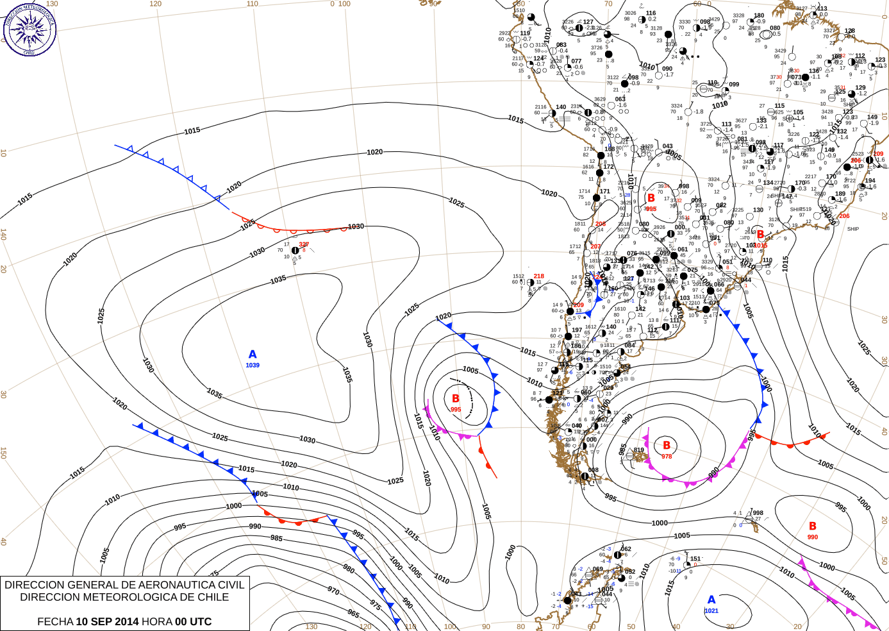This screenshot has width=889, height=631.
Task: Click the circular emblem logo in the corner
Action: pyautogui.click(x=29, y=29)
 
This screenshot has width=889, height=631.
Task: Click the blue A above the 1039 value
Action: pyautogui.click(x=253, y=355)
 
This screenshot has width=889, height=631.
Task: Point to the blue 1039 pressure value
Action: pyautogui.click(x=253, y=366)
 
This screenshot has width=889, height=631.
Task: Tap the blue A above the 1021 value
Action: pyautogui.click(x=711, y=600)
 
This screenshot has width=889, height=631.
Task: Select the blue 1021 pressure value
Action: pyautogui.click(x=711, y=611)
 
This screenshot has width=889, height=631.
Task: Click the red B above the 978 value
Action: pyautogui.click(x=667, y=445)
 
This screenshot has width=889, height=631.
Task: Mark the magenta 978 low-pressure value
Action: pyautogui.click(x=667, y=457)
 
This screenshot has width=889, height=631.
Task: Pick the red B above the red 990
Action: pyautogui.click(x=813, y=526)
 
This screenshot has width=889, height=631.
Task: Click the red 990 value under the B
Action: pyautogui.click(x=813, y=537)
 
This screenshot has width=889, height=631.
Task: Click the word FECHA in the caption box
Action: pyautogui.click(x=55, y=621)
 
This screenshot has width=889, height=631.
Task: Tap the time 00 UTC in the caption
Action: pyautogui.click(x=193, y=621)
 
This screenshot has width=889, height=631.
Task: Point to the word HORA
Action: pyautogui.click(x=156, y=621)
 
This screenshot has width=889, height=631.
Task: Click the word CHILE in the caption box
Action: pyautogui.click(x=212, y=597)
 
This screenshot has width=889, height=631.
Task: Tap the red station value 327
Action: pyautogui.click(x=304, y=244)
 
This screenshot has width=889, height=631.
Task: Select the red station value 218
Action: pyautogui.click(x=539, y=276)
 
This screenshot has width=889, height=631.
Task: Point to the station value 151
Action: pyautogui.click(x=695, y=559)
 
